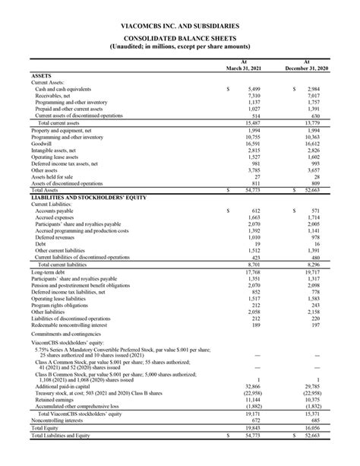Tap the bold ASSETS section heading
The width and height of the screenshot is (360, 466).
(42, 76)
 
